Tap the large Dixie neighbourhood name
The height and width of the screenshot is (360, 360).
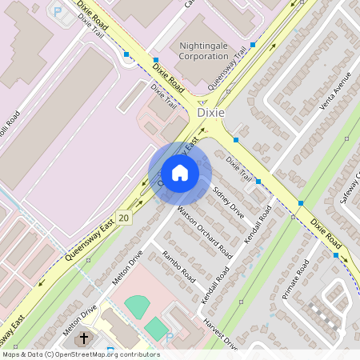point(211,114)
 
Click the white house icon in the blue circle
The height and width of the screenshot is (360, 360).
point(180,173)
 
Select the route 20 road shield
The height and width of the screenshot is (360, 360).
point(123,218)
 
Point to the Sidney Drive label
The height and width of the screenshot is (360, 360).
point(228,201)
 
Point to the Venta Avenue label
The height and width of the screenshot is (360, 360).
point(335,94)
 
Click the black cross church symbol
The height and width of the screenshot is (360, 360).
point(83,340)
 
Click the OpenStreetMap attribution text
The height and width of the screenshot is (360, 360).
point(80,354)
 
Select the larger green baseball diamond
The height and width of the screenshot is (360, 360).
point(138,306)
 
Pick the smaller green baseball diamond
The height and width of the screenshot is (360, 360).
point(156,328)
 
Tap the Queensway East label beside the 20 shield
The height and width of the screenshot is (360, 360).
point(90,245)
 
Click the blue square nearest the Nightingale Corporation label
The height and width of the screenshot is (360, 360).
point(253,45)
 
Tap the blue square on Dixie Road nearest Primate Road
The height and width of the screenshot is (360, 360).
point(336,256)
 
